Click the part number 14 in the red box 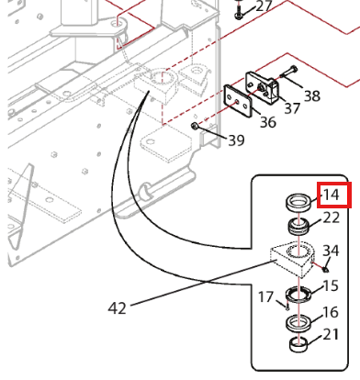pyautogui.click(x=332, y=195)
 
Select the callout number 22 pyautogui.click(x=332, y=218)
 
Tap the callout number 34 pyautogui.click(x=331, y=251)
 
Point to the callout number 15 pyautogui.click(x=331, y=285)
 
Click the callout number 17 pyautogui.click(x=265, y=296)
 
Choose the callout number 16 pyautogui.click(x=331, y=312)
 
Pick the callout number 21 pyautogui.click(x=331, y=334)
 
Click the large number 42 pyautogui.click(x=118, y=307)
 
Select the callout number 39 pyautogui.click(x=236, y=140)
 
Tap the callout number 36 pyautogui.click(x=268, y=122)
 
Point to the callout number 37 pyautogui.click(x=292, y=108)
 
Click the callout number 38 pyautogui.click(x=312, y=96)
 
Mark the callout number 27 pyautogui.click(x=264, y=6)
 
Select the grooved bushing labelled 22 pyautogui.click(x=298, y=227)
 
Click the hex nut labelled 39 pyautogui.click(x=194, y=126)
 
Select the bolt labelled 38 pyautogui.click(x=288, y=73)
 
